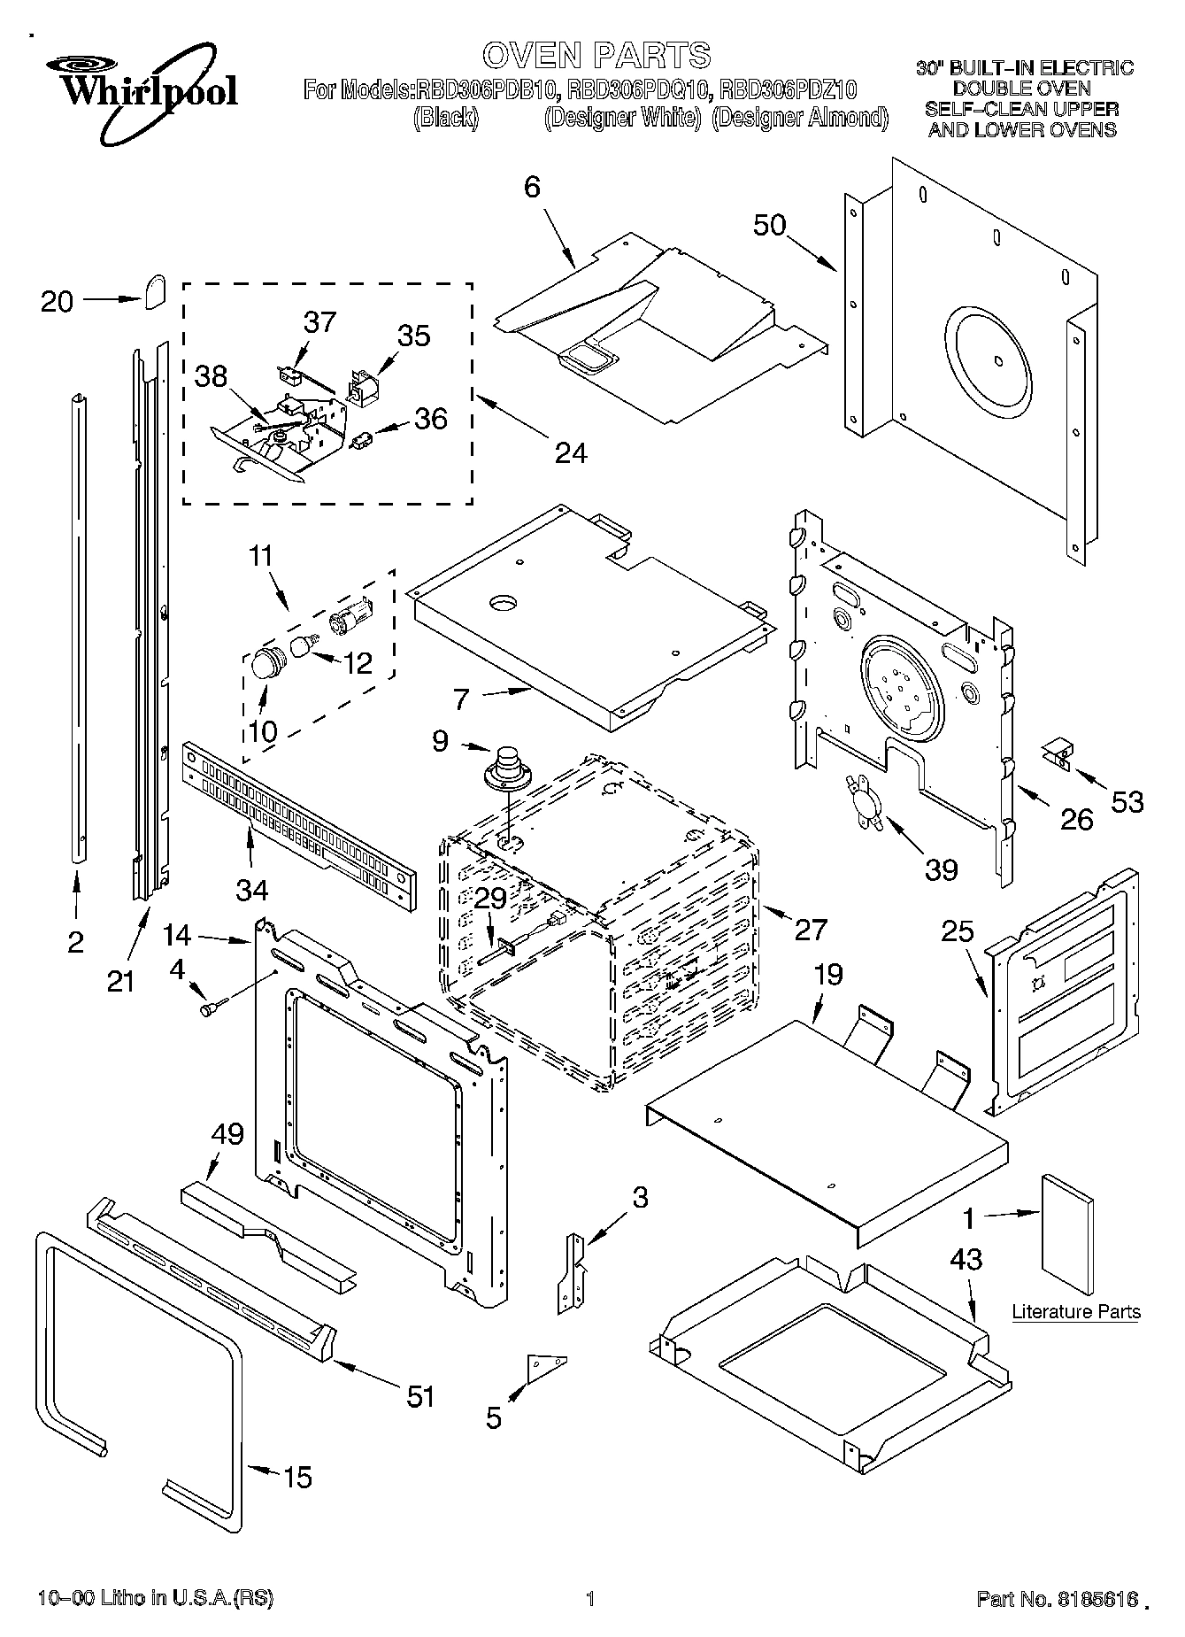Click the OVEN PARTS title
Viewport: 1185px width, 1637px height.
click(596, 55)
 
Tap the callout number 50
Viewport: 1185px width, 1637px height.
click(769, 225)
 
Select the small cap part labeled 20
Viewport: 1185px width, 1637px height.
click(156, 290)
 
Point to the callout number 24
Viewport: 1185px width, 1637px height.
click(571, 452)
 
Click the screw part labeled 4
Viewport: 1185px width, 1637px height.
click(213, 1007)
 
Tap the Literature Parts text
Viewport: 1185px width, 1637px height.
click(1076, 1311)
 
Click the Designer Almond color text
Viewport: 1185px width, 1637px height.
click(799, 117)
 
